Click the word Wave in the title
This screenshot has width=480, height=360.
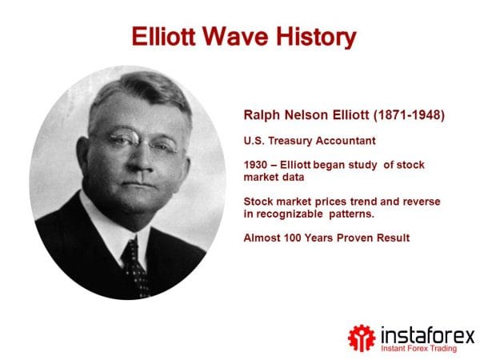tap(241, 36)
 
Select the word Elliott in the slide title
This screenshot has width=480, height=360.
tap(164, 36)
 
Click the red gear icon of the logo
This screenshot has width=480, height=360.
tap(361, 336)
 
